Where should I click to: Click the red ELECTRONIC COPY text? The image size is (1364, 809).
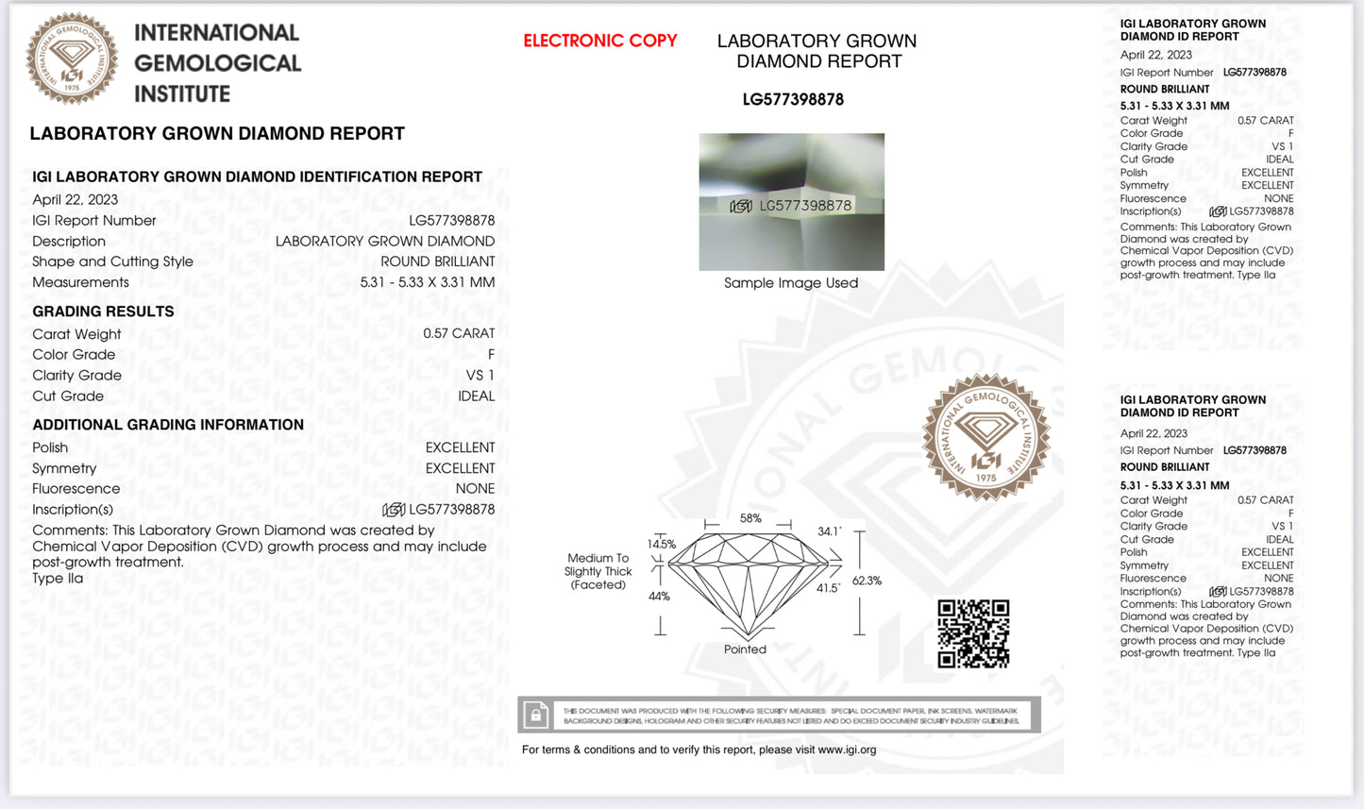(600, 41)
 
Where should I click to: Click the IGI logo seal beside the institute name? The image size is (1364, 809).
(73, 59)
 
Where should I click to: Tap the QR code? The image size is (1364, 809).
(973, 633)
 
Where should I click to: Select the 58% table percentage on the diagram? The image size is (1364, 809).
(750, 518)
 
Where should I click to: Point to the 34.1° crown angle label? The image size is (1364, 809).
(829, 531)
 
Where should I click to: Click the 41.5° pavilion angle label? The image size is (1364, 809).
(828, 587)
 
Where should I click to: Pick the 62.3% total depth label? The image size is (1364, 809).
(867, 581)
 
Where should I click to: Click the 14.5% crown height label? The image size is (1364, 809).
(661, 544)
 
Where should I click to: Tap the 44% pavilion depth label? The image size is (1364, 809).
(659, 596)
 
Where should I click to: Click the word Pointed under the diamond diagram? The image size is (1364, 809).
(745, 649)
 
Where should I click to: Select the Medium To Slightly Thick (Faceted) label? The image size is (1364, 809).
(598, 571)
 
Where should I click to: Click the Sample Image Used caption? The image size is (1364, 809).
(791, 282)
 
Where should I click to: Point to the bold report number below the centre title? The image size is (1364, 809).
(793, 99)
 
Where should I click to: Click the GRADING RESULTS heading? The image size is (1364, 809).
(103, 312)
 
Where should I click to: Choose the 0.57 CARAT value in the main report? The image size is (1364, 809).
(459, 333)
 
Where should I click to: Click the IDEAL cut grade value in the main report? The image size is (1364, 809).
(476, 396)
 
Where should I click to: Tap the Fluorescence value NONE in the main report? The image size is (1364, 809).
(475, 488)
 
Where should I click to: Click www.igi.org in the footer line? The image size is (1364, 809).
(847, 750)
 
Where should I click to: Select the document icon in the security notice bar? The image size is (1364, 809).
(536, 715)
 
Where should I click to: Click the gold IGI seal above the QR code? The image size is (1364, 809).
(985, 437)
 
